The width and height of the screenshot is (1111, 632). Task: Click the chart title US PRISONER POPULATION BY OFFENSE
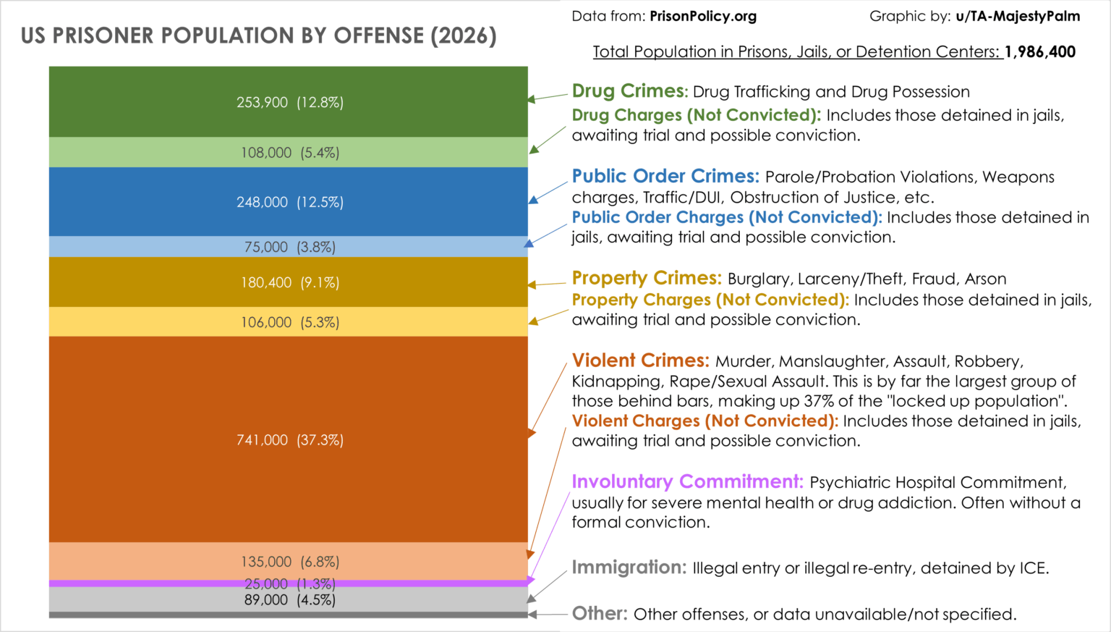tap(258, 35)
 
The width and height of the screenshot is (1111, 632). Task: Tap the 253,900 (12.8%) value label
tap(289, 102)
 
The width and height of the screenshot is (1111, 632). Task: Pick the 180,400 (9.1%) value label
tap(289, 282)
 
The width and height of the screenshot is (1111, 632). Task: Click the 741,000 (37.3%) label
tap(289, 439)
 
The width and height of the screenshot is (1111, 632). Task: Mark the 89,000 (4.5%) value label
tap(289, 600)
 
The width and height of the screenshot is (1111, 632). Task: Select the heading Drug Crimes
tap(629, 91)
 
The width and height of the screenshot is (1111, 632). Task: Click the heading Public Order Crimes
tap(665, 177)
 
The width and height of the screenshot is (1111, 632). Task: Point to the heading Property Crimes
tap(647, 279)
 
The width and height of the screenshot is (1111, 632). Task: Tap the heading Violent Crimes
tap(640, 361)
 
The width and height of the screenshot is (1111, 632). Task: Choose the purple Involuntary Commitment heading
tap(687, 482)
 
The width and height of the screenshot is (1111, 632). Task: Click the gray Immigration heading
tap(629, 568)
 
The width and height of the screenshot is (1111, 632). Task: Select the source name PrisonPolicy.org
tap(703, 16)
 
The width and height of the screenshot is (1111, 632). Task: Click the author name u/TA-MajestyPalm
tap(1018, 16)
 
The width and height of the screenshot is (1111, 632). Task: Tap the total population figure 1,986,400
tap(1039, 52)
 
